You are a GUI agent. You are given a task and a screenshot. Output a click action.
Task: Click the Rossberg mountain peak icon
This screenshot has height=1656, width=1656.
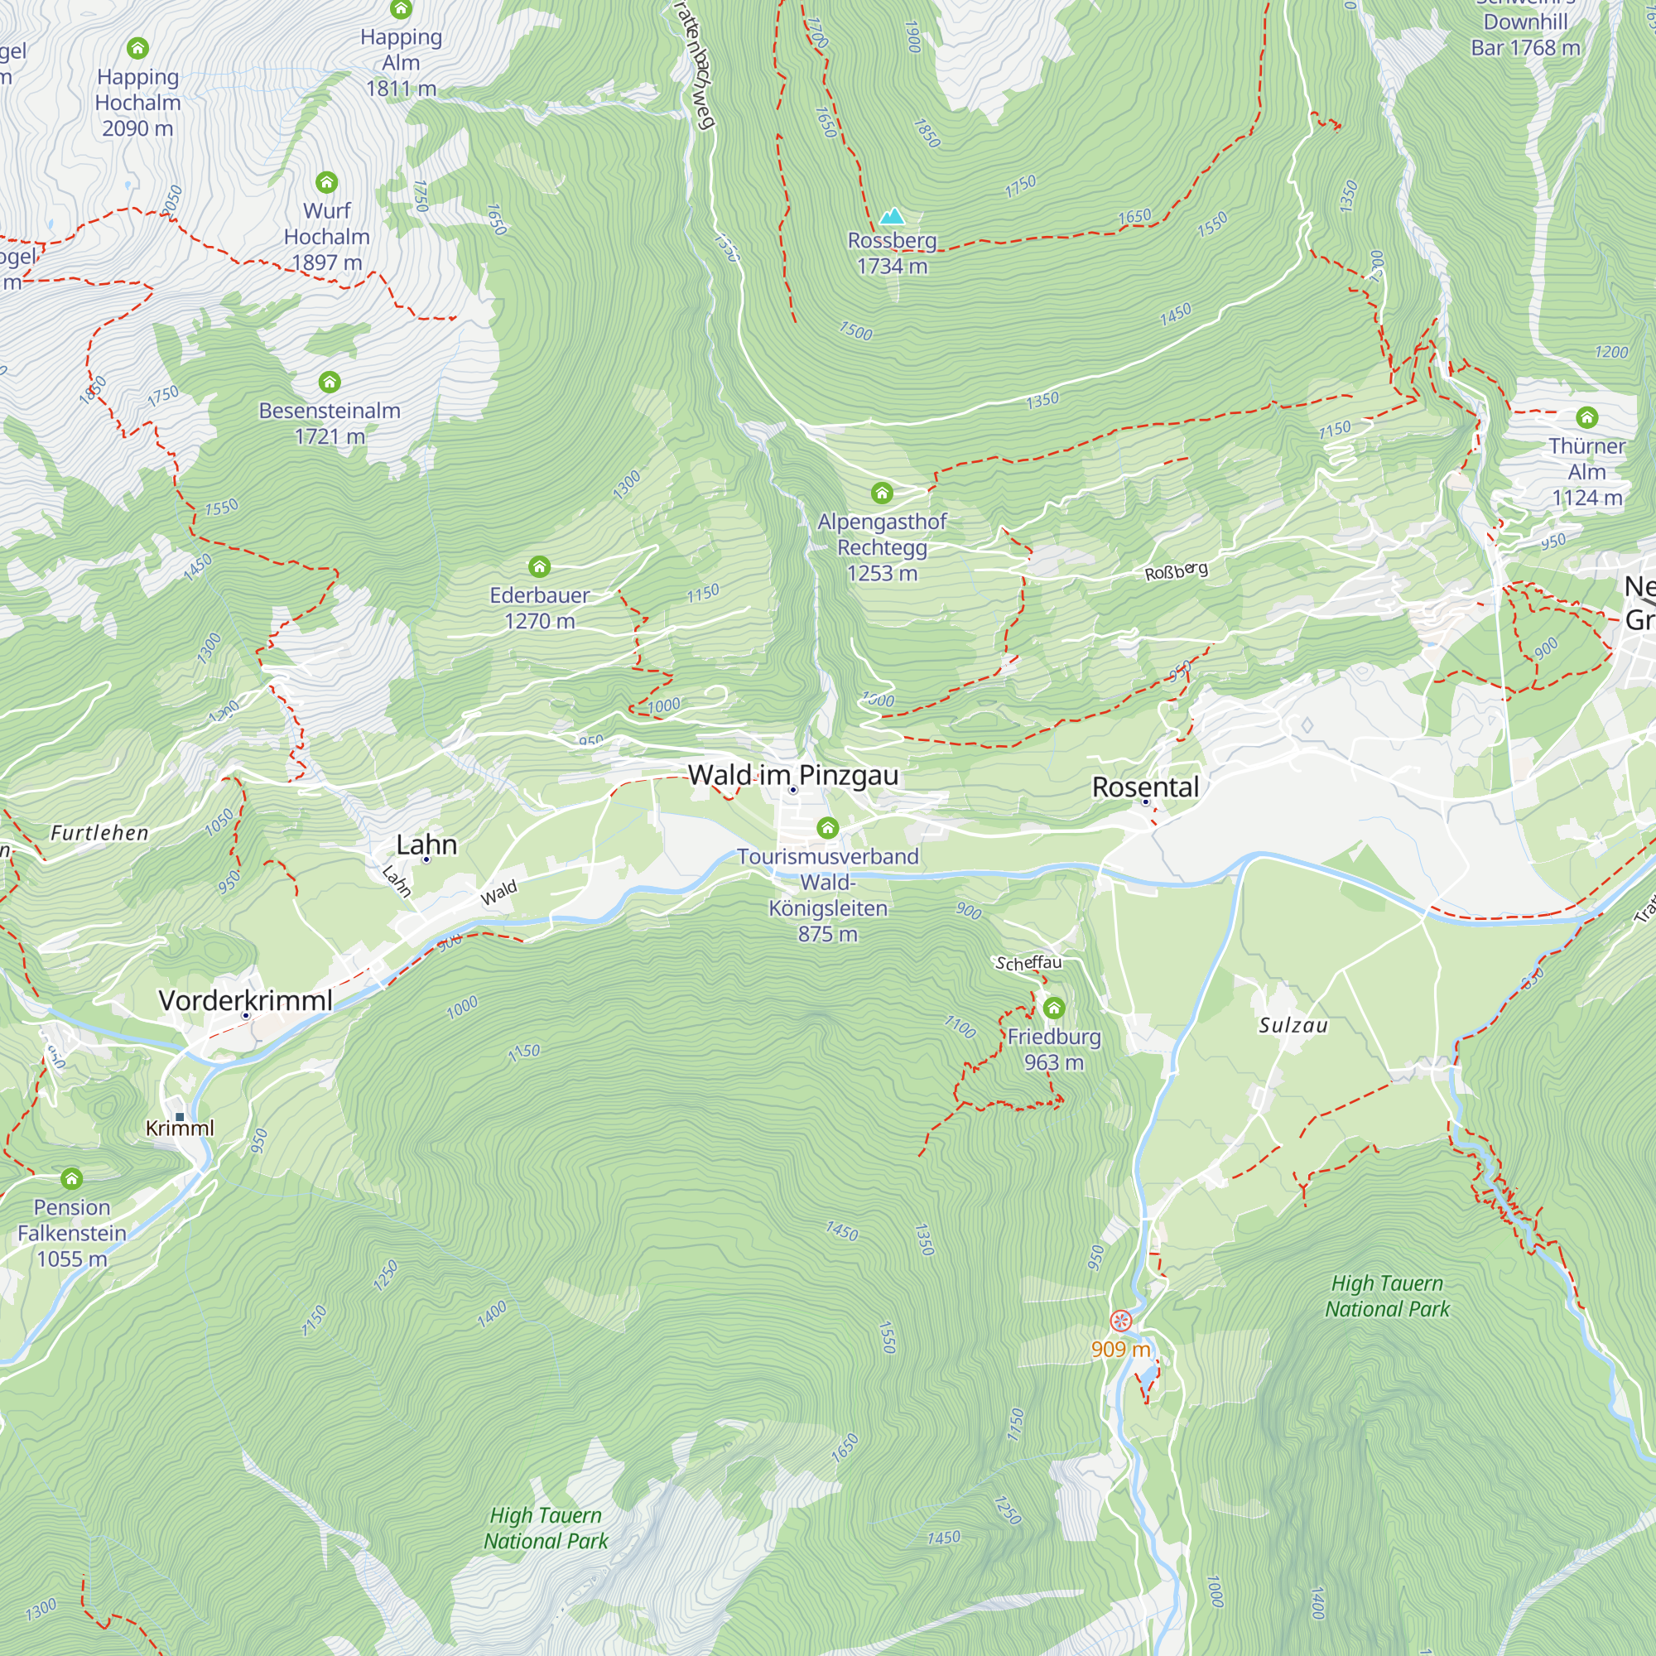893,216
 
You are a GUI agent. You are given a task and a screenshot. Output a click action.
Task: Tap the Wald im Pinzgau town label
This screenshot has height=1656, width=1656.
793,775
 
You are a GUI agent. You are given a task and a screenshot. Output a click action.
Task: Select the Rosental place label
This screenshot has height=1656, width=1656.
1145,787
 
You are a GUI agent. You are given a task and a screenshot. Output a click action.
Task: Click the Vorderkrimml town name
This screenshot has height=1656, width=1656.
245,1000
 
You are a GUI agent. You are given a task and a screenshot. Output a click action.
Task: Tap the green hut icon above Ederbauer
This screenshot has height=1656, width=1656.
539,566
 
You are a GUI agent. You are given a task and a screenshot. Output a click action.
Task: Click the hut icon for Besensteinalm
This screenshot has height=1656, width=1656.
330,382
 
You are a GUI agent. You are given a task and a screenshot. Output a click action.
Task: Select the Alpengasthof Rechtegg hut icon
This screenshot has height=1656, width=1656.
882,493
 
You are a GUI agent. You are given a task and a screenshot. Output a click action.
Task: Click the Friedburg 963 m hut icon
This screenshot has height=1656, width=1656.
1053,1008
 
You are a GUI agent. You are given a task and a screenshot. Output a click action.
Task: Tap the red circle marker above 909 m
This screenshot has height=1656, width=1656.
1120,1321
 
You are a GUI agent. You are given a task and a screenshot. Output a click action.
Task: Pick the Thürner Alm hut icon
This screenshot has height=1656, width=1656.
1586,417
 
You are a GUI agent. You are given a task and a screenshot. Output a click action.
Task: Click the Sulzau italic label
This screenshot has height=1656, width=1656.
1293,1025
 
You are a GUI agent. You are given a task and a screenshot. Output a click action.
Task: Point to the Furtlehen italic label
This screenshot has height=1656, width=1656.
99,832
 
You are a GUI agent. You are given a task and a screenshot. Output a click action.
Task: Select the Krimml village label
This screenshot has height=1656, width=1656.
179,1128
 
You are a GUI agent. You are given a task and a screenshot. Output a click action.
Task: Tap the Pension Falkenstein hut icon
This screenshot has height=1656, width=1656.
72,1178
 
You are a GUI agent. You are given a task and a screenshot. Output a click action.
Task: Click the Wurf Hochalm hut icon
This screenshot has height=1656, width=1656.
326,181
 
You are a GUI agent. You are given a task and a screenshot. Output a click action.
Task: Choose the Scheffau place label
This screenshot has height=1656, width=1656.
1028,963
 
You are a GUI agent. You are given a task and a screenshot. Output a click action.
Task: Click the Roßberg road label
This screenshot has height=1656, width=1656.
1176,570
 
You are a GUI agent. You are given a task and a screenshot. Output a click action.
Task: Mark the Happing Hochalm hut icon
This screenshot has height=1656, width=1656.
137,48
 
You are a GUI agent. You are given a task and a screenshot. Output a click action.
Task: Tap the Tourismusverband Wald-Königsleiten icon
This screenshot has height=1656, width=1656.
827,827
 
